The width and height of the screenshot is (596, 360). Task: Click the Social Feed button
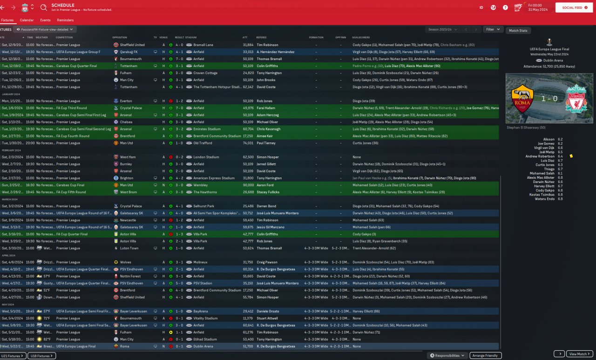tap(574, 7)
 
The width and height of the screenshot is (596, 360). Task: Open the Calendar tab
tap(27, 20)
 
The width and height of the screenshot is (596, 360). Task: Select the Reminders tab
tap(65, 20)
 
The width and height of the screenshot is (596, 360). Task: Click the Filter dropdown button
tap(493, 29)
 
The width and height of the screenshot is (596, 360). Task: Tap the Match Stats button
tap(518, 31)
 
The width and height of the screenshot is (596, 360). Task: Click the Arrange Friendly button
tap(485, 356)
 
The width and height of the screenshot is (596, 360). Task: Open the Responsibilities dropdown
tap(447, 356)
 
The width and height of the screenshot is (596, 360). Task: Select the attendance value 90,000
tap(248, 185)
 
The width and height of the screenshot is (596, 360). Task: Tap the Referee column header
tap(261, 37)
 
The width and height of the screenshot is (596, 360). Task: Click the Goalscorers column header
tap(361, 37)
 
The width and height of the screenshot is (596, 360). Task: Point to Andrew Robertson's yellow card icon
tap(571, 156)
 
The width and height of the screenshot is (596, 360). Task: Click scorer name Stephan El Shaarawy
tap(526, 127)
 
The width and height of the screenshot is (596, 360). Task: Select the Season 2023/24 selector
tap(440, 29)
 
